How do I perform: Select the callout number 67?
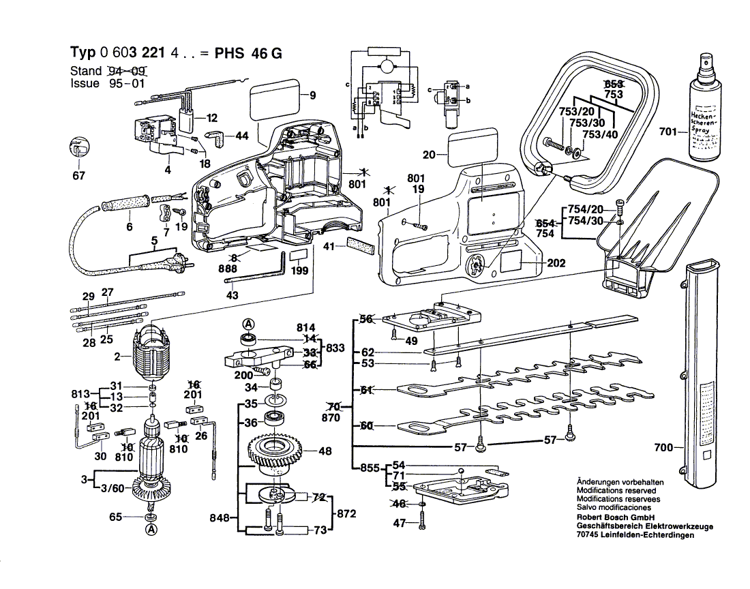(x=79, y=177)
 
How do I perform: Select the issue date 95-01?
(x=126, y=84)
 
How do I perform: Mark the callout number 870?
(x=330, y=417)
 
